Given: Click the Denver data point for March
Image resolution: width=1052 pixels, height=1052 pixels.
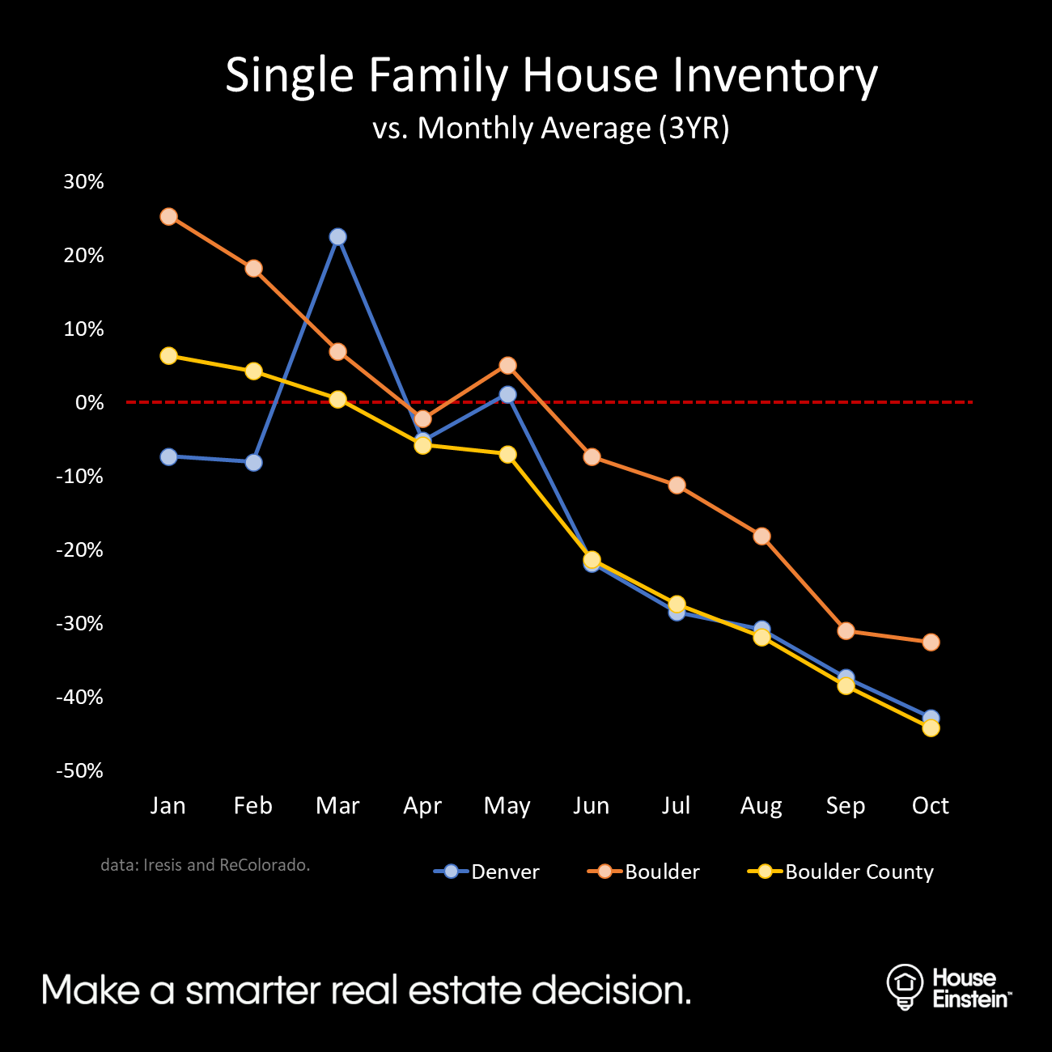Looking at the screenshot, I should tap(337, 237).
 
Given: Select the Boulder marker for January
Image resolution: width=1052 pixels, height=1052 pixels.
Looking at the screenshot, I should tap(168, 217).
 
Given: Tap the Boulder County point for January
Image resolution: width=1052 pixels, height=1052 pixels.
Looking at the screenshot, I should tap(168, 356).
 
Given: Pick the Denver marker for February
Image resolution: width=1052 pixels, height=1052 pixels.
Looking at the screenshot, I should tap(253, 463).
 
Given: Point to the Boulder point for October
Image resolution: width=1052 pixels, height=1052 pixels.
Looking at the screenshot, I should tap(931, 643).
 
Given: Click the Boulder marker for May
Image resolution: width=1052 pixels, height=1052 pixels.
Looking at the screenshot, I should tap(507, 366).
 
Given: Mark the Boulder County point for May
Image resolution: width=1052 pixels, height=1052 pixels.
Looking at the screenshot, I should tap(507, 455).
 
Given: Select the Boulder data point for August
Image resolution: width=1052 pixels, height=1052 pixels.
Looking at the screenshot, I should tap(761, 537).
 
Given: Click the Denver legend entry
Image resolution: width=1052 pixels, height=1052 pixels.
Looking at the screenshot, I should tap(487, 872).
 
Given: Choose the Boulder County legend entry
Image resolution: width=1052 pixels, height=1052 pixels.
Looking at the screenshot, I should tap(842, 872).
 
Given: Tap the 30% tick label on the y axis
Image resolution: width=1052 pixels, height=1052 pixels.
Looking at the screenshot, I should tap(83, 181).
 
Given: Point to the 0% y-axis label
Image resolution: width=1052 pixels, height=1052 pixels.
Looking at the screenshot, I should tap(89, 402).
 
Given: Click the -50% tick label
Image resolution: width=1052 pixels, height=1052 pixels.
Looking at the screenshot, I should tap(79, 770).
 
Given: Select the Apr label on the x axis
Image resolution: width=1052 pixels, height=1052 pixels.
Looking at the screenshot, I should tap(422, 806).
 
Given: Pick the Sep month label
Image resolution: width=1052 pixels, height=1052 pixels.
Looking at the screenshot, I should tap(846, 806).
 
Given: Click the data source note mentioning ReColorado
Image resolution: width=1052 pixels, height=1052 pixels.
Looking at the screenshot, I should tap(206, 865).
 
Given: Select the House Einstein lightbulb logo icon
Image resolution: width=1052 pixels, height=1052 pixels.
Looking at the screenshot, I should tap(905, 986).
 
